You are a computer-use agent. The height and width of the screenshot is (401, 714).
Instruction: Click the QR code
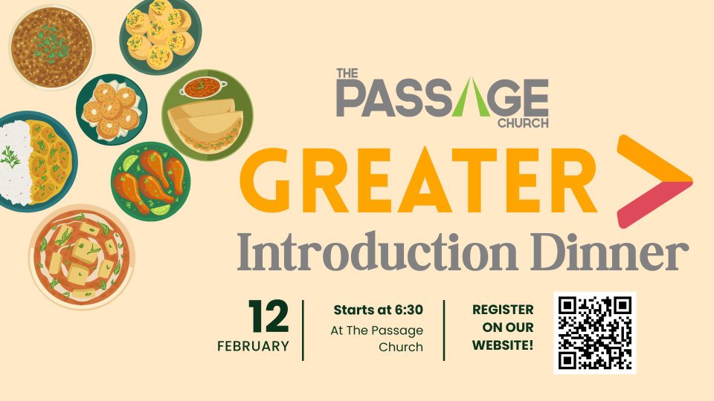(x=595, y=333)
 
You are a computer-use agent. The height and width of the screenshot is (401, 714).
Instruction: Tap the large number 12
(x=269, y=316)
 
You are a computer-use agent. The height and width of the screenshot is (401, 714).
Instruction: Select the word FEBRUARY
(x=253, y=347)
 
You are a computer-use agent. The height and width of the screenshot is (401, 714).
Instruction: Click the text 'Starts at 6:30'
(x=379, y=310)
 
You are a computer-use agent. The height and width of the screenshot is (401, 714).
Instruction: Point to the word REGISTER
(x=503, y=310)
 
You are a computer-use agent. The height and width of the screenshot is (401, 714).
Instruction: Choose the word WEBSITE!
(x=503, y=345)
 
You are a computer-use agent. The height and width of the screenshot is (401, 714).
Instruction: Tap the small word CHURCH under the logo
(x=523, y=123)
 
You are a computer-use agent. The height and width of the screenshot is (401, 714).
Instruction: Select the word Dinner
(x=610, y=252)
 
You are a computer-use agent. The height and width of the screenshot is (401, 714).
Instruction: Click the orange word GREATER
(x=418, y=180)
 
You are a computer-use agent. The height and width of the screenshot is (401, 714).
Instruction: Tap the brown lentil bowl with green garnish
(x=51, y=48)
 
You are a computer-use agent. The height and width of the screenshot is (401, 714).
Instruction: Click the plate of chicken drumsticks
(x=151, y=182)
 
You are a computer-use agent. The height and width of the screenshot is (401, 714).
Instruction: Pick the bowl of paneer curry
(x=82, y=257)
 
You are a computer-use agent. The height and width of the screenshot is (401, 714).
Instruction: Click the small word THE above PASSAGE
(x=347, y=74)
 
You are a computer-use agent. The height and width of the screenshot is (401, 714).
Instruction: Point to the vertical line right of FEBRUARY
(x=303, y=330)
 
